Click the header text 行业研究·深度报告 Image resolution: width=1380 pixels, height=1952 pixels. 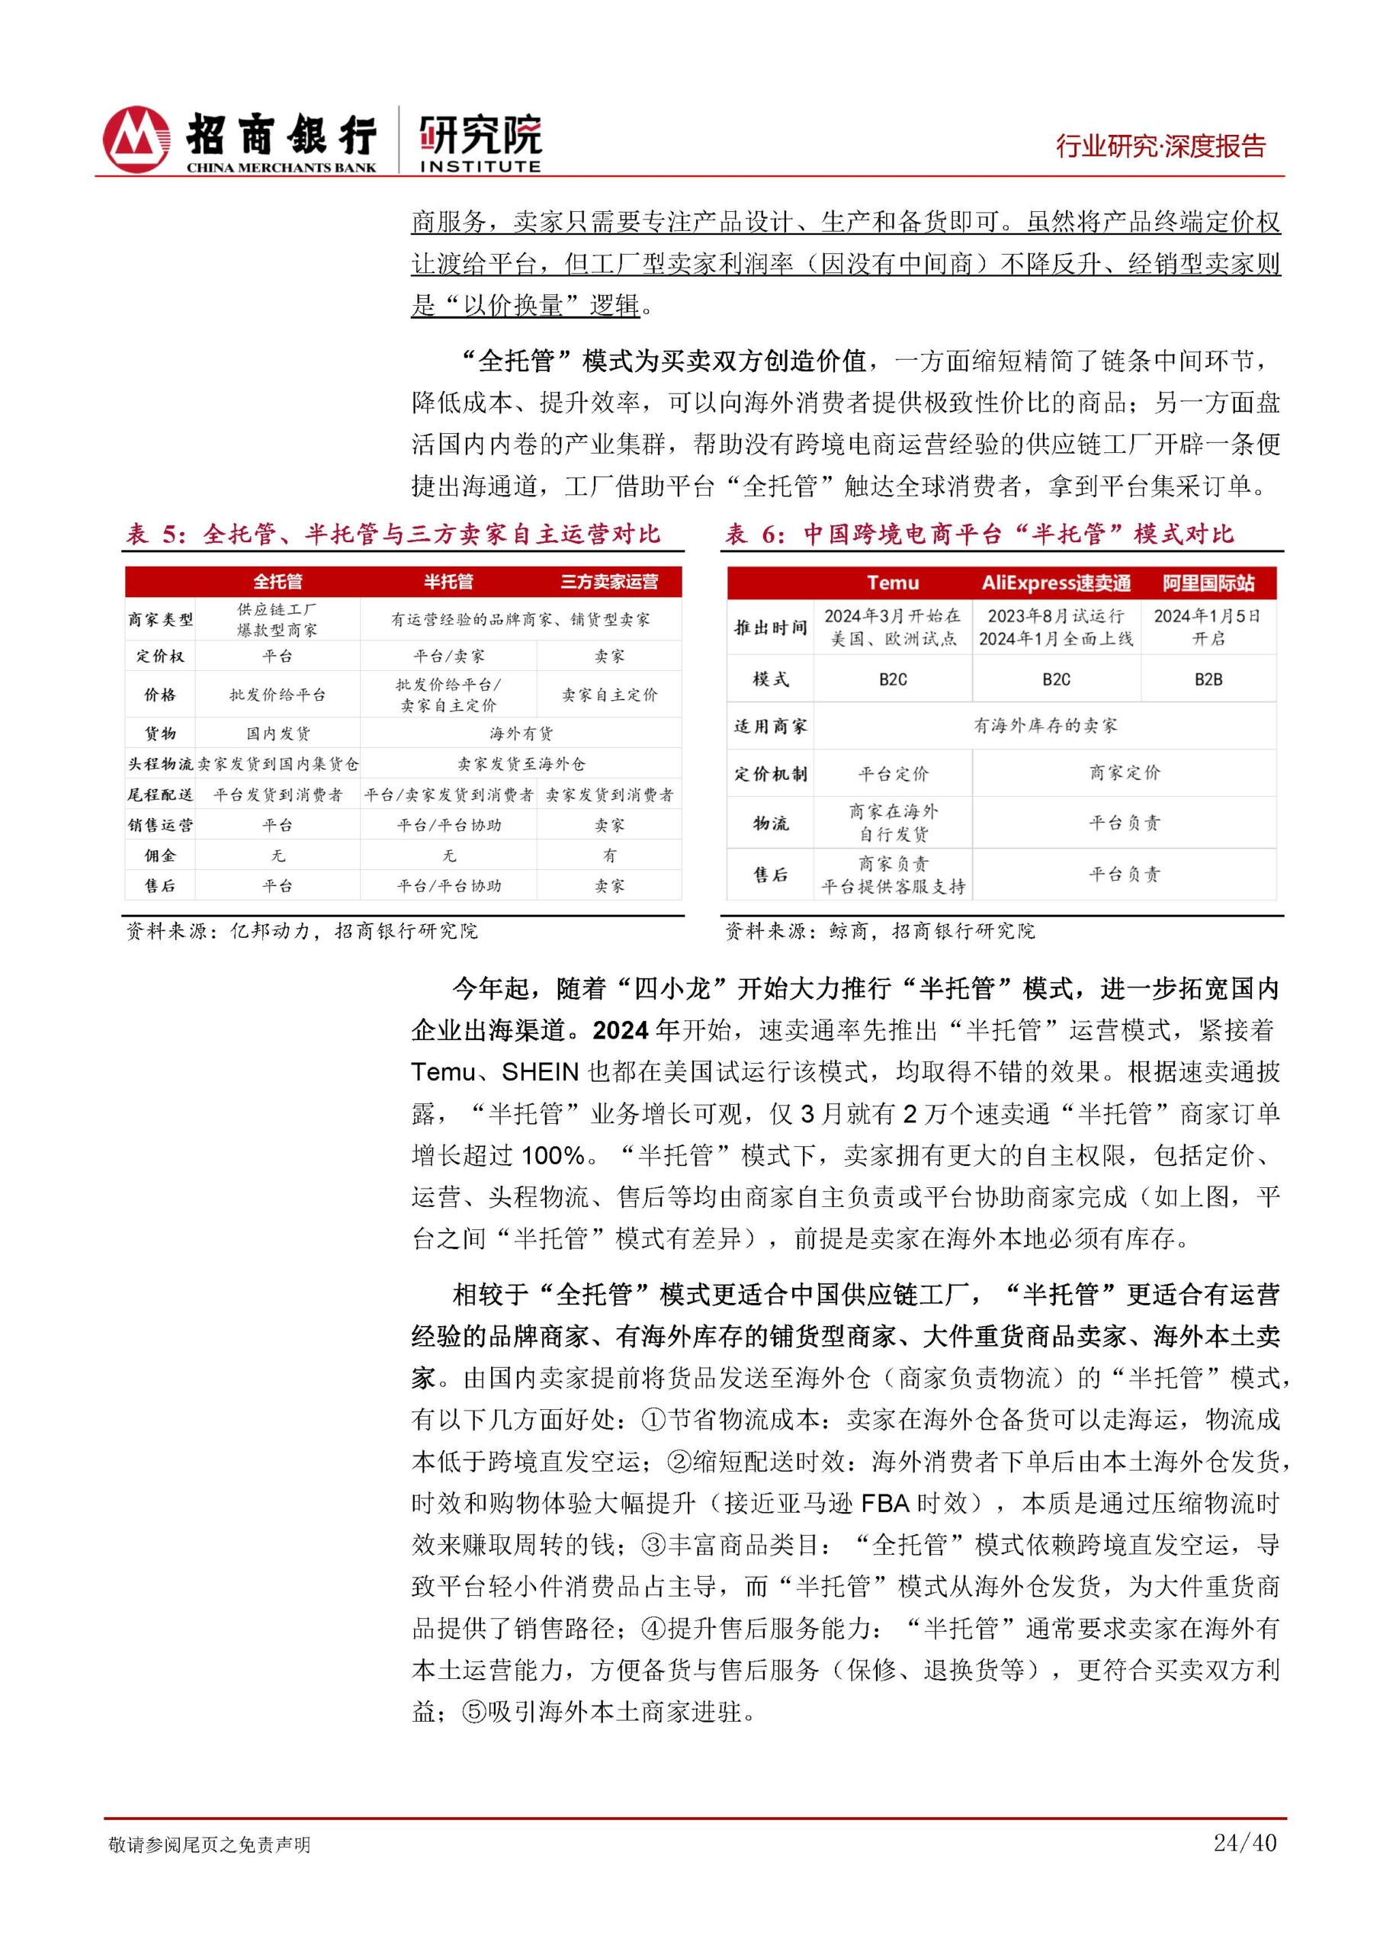tap(1160, 146)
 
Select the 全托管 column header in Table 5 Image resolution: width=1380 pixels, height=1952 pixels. tap(278, 582)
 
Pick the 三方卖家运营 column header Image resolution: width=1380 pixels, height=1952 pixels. tap(608, 582)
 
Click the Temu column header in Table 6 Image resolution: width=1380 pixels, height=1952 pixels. tap(893, 583)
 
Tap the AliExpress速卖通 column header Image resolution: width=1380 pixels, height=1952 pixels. tap(1056, 583)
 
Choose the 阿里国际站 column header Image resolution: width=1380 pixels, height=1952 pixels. tap(1208, 583)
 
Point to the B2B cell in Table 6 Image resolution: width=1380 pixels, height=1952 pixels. tap(1208, 679)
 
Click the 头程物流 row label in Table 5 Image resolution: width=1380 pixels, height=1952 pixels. tap(160, 763)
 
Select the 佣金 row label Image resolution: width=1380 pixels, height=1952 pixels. tap(160, 856)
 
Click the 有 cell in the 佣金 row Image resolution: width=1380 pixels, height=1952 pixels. tap(608, 856)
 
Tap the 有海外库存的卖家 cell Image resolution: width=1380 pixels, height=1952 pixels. tap(1045, 725)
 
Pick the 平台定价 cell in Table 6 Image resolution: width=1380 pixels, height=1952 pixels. tap(893, 774)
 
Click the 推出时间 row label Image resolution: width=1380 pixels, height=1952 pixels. tap(770, 628)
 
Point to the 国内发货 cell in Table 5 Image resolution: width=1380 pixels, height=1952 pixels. tap(278, 733)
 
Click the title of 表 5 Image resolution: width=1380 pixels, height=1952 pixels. tap(393, 534)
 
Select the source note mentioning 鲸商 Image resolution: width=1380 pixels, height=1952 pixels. tap(879, 931)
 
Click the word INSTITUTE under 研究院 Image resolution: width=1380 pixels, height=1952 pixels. tap(480, 167)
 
